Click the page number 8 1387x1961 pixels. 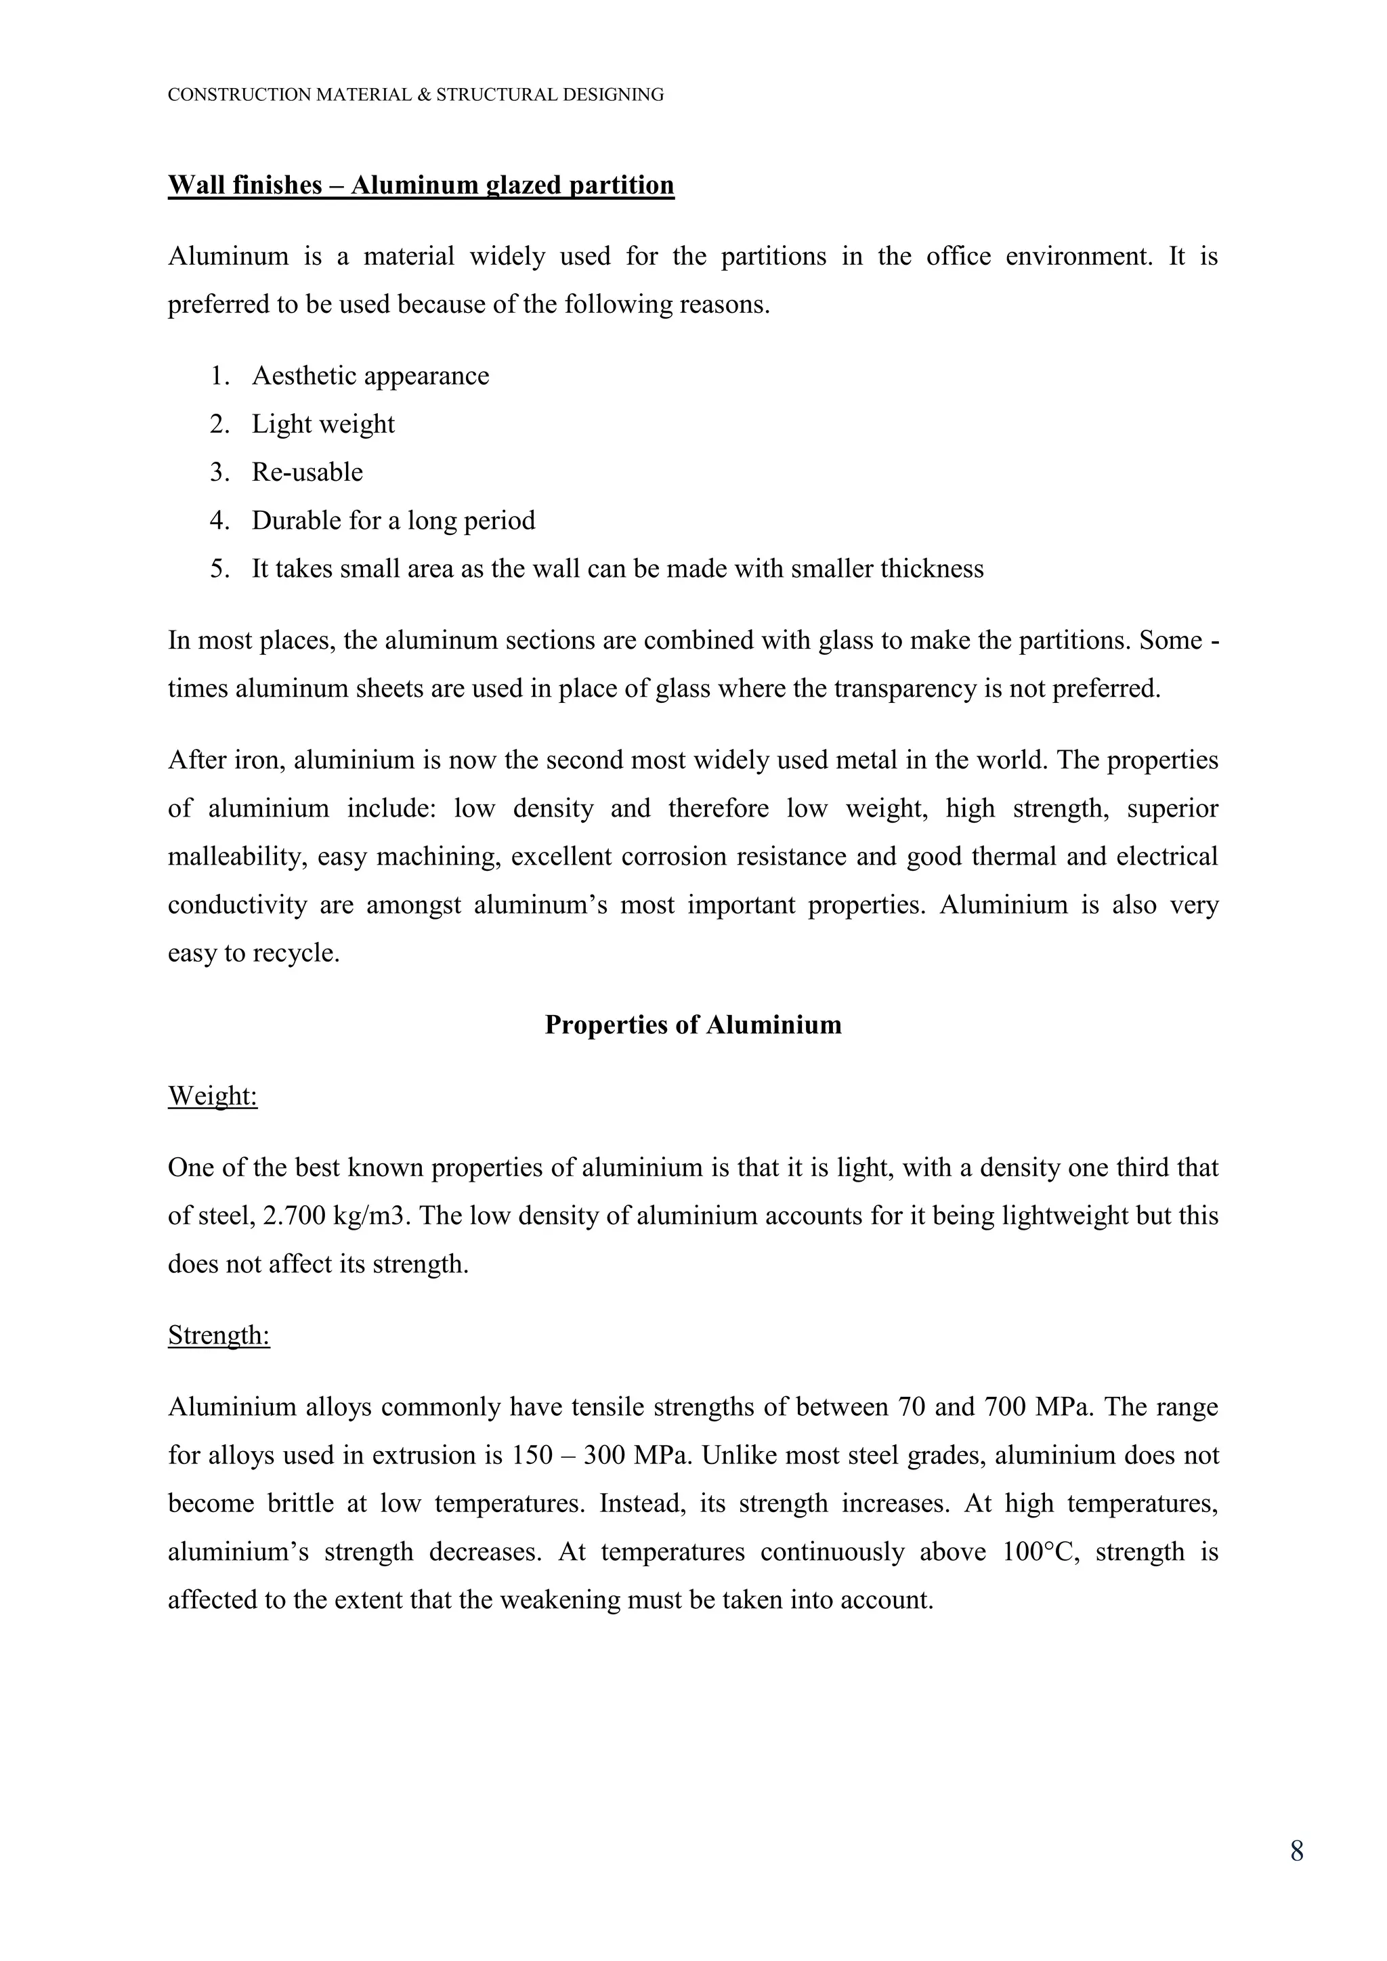point(1296,1851)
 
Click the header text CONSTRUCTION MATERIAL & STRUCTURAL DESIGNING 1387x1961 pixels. point(415,95)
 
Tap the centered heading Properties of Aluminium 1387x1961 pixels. point(693,1025)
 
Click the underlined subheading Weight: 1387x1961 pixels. point(213,1096)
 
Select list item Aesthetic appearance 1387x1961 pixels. point(370,376)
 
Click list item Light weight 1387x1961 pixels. point(323,425)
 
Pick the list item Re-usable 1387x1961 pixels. point(307,473)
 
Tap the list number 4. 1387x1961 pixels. point(219,521)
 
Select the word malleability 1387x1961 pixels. point(236,857)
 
